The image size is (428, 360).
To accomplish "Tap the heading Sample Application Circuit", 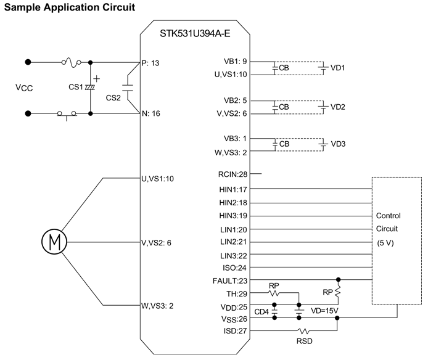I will click(69, 7).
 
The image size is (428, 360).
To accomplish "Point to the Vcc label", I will click(24, 88).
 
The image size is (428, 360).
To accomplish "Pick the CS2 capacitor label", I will click(114, 97).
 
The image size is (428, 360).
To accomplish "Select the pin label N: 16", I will click(152, 113).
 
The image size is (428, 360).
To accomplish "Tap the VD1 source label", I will click(338, 68).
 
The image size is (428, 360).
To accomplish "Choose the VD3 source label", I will click(338, 144).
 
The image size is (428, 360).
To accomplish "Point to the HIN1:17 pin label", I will click(233, 189).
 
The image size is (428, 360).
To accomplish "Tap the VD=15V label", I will click(324, 311).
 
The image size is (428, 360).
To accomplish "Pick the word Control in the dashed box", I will click(389, 216).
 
